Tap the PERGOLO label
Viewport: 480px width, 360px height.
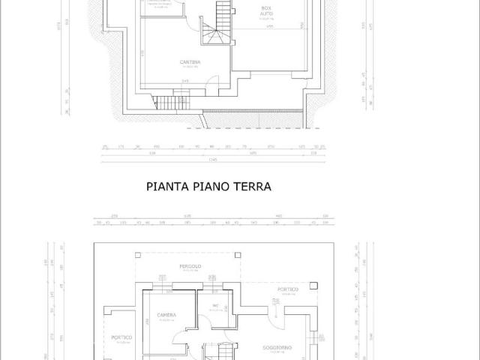point(189,266)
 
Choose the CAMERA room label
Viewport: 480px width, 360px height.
point(166,314)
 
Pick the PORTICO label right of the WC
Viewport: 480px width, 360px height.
point(288,289)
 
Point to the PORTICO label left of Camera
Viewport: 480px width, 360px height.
point(121,337)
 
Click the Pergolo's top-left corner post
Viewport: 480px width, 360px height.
point(135,251)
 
